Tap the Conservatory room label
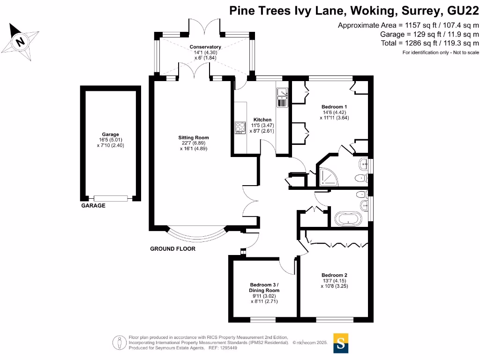pyautogui.click(x=205, y=47)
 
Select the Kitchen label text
pyautogui.click(x=262, y=120)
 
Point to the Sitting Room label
pyautogui.click(x=193, y=137)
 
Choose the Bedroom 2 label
pyautogui.click(x=334, y=275)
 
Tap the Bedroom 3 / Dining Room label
pyautogui.click(x=264, y=287)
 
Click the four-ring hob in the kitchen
pyautogui.click(x=240, y=127)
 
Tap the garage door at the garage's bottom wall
pyautogui.click(x=110, y=198)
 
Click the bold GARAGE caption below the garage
pyautogui.click(x=93, y=206)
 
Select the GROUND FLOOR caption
pyautogui.click(x=172, y=249)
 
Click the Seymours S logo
pyautogui.click(x=341, y=343)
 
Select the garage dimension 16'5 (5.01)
pyautogui.click(x=110, y=140)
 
